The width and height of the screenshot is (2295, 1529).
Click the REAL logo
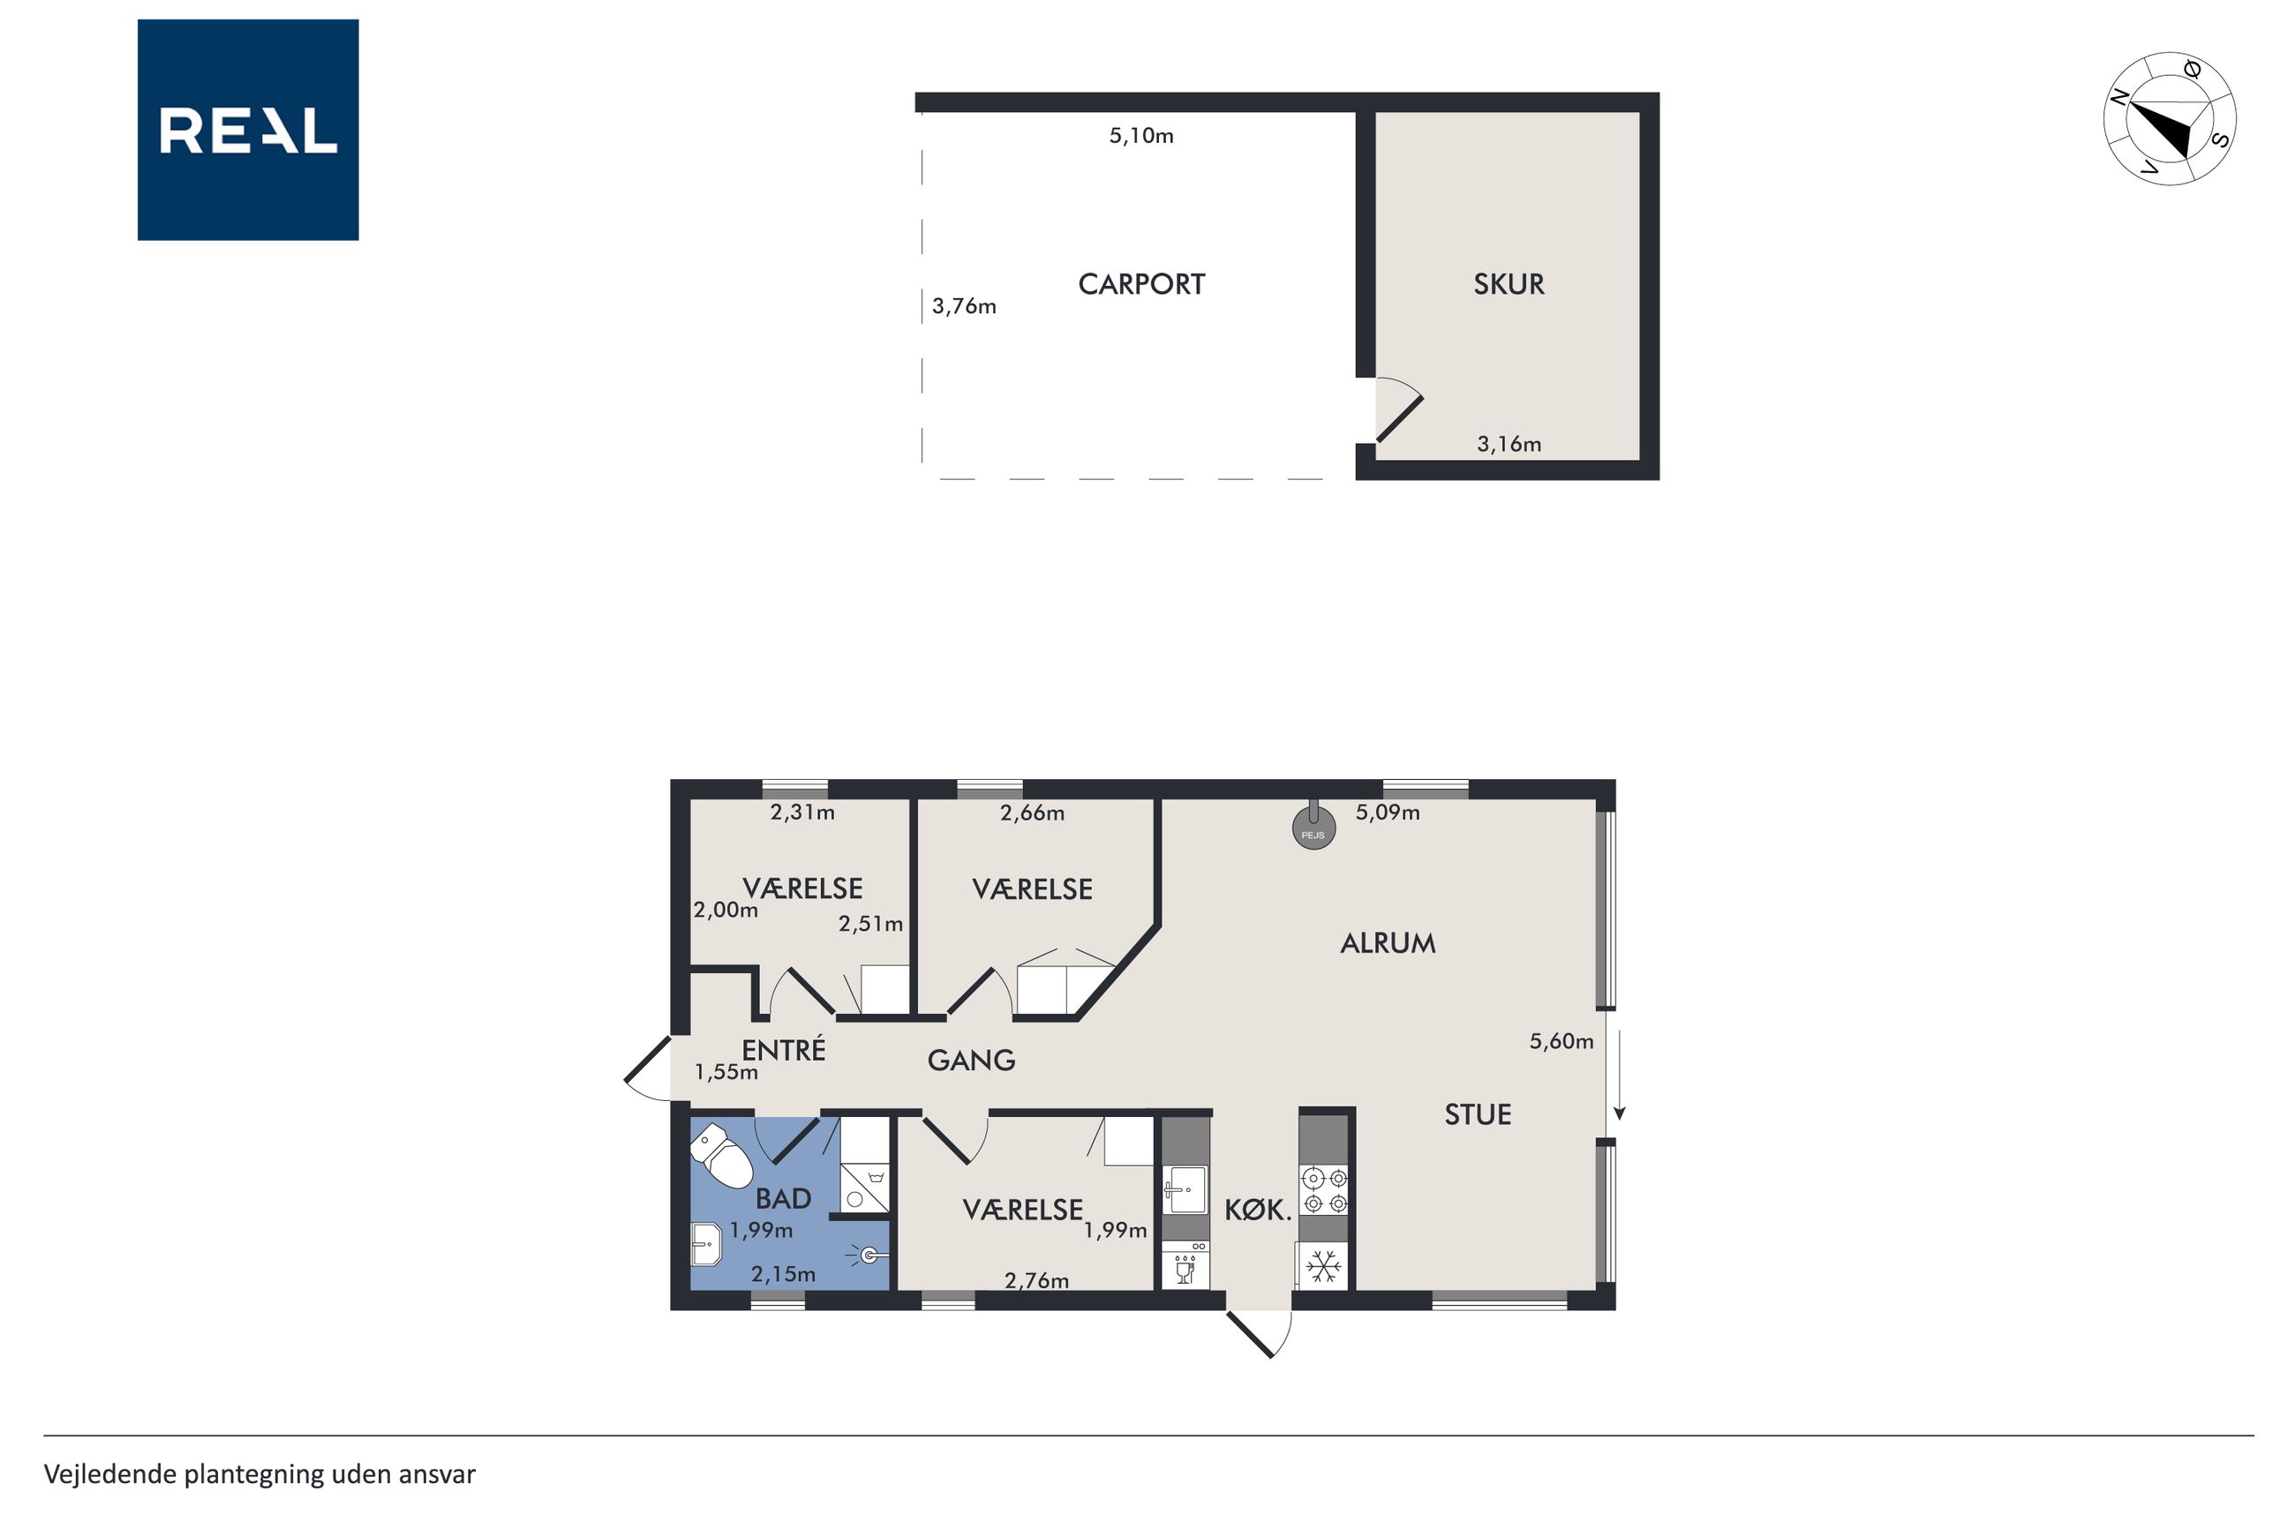click(248, 130)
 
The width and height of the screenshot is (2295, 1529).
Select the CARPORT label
click(1141, 285)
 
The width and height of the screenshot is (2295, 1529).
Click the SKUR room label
click(1508, 285)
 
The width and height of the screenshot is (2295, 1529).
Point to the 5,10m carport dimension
click(1141, 136)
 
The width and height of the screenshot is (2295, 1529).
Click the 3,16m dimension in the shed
click(1509, 445)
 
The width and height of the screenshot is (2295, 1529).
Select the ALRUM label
click(1387, 943)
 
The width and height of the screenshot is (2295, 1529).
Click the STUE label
click(1478, 1114)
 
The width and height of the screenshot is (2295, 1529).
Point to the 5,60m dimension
click(1561, 1041)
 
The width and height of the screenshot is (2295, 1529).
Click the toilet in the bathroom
click(722, 1157)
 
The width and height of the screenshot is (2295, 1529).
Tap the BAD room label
click(783, 1198)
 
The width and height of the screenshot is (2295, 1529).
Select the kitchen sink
click(1185, 1189)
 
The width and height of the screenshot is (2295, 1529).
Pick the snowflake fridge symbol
click(1323, 1267)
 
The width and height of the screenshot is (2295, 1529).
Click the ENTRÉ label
click(783, 1049)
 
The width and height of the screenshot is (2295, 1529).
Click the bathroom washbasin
click(705, 1244)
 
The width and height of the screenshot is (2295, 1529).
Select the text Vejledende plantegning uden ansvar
click(260, 1474)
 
